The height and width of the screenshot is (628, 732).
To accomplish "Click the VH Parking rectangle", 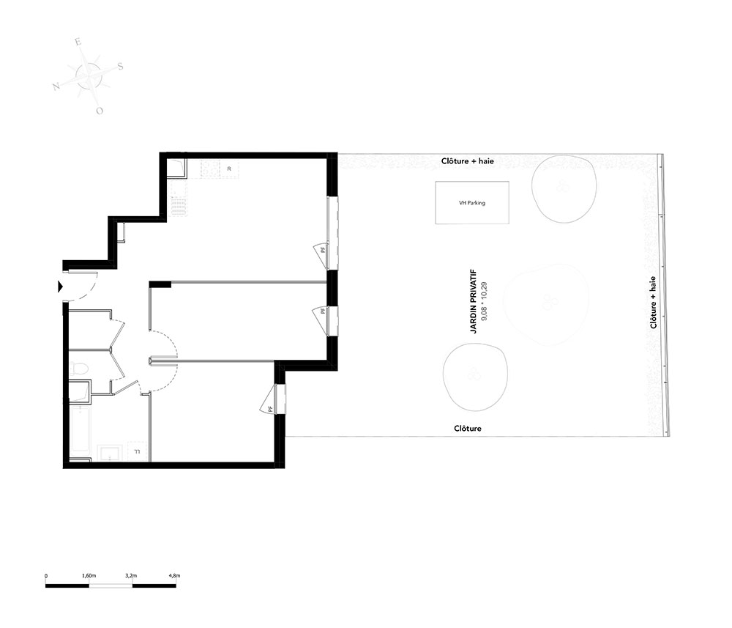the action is [x=472, y=203].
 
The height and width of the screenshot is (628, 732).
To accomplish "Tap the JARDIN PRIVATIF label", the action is [x=474, y=301].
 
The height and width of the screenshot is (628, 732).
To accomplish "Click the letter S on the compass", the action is [x=120, y=66].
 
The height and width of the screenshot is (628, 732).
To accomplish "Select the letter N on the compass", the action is [x=56, y=86].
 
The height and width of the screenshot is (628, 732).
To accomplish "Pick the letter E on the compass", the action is [x=78, y=42].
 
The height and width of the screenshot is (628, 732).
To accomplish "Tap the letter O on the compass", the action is [x=100, y=111].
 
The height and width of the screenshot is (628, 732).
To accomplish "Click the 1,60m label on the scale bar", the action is [x=89, y=576].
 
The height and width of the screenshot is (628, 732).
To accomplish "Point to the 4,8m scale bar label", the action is [x=174, y=576].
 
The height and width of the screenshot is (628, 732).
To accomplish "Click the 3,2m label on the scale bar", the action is [x=131, y=576].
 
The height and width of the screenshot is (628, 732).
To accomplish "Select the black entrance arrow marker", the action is [x=60, y=287].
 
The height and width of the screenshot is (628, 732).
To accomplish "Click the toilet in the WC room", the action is [x=78, y=369].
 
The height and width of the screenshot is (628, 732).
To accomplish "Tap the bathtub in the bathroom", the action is [x=81, y=429].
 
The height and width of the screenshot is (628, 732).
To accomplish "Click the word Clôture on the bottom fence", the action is [x=468, y=429].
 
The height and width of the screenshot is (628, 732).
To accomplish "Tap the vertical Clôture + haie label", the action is [x=653, y=303].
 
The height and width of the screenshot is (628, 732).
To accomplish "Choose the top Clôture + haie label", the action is [x=467, y=161].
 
